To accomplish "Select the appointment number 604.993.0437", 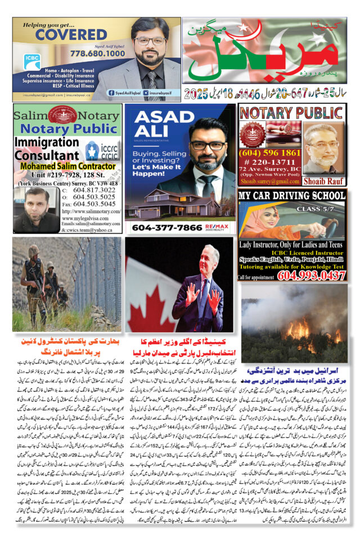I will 310,275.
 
